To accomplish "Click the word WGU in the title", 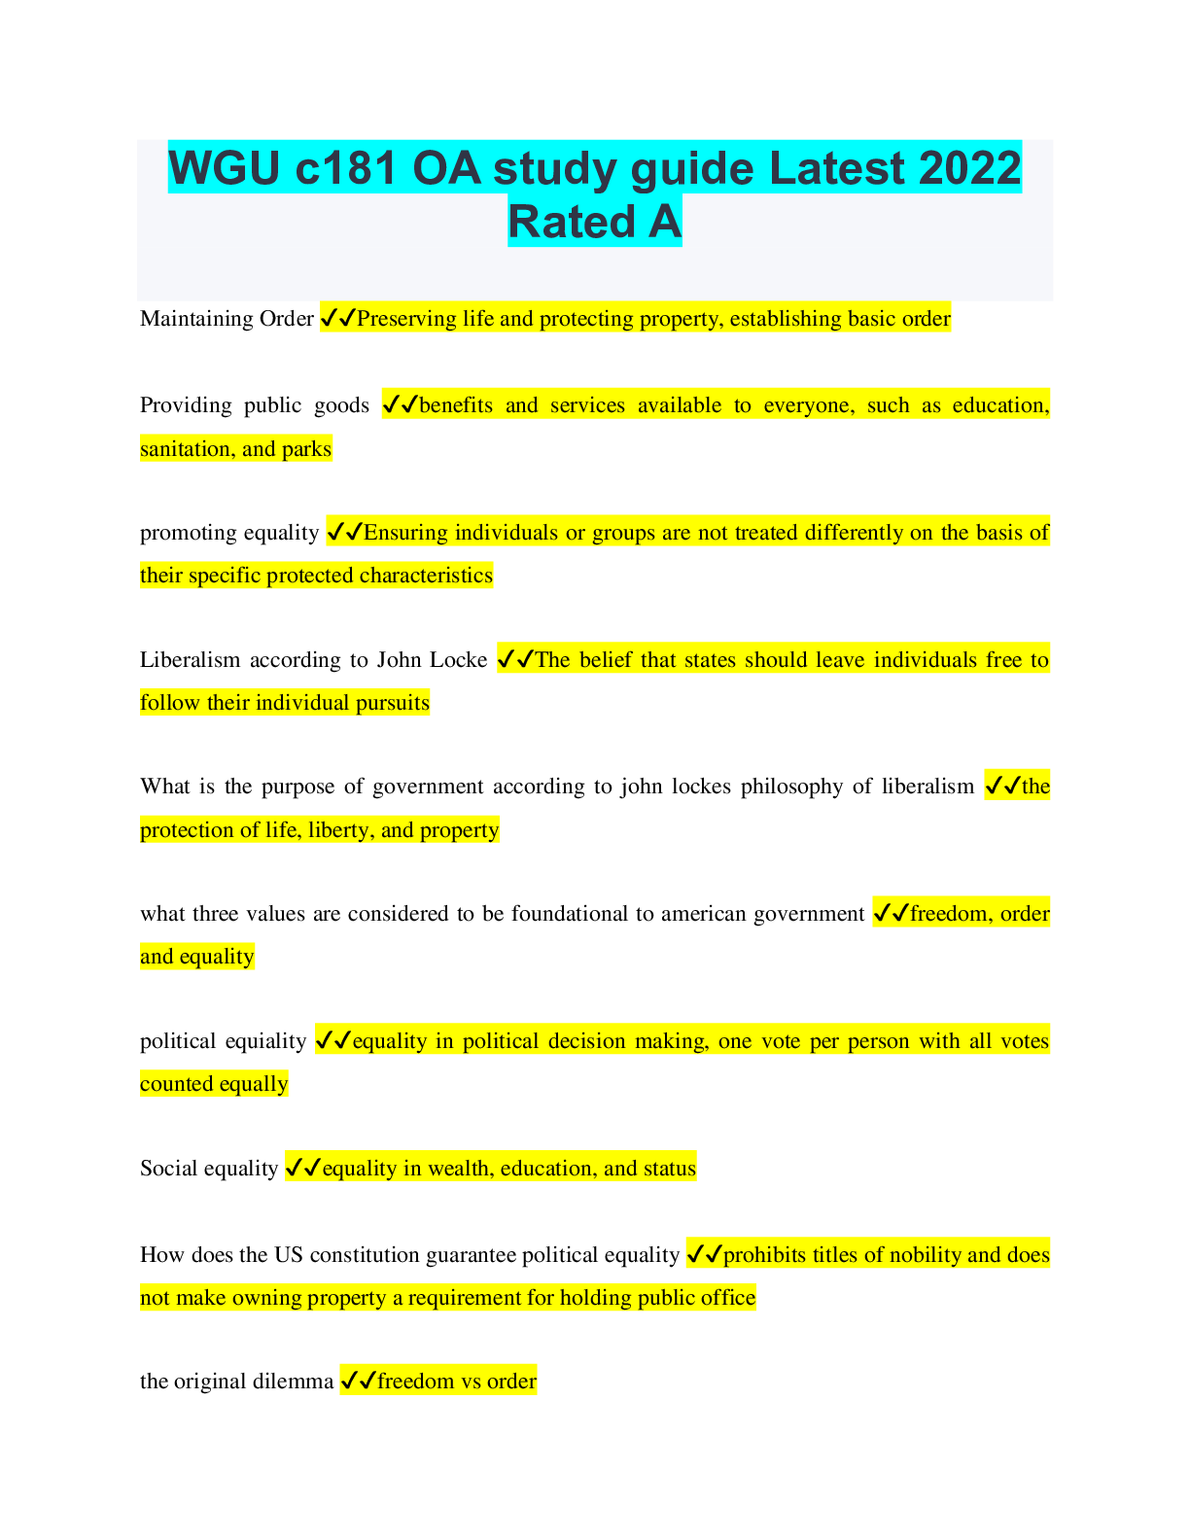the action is point(225,168).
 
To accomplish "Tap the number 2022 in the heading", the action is point(970,168).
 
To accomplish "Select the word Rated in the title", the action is point(572,222).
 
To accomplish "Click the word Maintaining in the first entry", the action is point(196,319).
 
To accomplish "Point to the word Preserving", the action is point(406,319).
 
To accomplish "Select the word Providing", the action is point(186,405).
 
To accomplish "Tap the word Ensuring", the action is point(405,532).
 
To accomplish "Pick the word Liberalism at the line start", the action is point(190,660).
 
